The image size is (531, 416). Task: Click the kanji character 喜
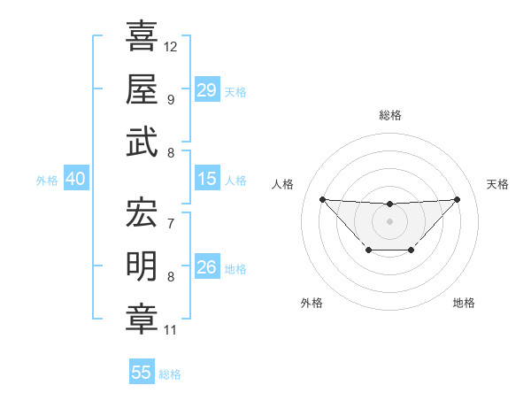142,35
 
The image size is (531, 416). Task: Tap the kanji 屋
142,89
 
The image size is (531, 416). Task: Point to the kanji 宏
142,212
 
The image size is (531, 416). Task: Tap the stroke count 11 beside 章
171,330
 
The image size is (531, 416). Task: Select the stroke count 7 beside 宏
171,223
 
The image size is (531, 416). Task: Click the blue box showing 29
207,90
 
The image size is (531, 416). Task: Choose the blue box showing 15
207,179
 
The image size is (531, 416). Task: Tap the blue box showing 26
207,267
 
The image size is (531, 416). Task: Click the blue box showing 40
75,179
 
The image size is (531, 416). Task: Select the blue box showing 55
142,373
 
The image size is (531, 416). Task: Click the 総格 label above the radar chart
389,115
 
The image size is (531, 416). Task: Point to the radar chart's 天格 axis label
497,184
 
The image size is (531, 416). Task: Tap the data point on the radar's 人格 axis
322,199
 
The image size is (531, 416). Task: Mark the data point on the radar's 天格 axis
457,199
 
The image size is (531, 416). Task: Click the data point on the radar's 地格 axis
412,250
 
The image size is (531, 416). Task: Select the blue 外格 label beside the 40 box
47,181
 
